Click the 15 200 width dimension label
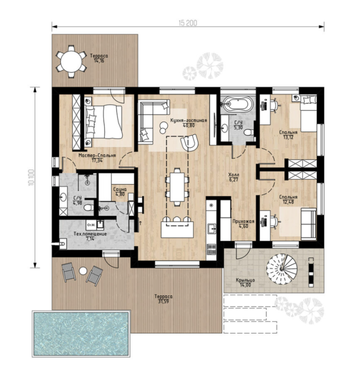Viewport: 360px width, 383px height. pyautogui.click(x=188, y=23)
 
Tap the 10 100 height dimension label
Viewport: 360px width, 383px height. pyautogui.click(x=31, y=178)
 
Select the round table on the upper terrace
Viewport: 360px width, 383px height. pyautogui.click(x=71, y=61)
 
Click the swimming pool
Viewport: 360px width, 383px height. pyautogui.click(x=81, y=334)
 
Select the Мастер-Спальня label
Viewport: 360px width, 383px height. pyautogui.click(x=97, y=156)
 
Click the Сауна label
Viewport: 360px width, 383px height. pyautogui.click(x=120, y=189)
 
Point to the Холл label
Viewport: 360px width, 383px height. pyautogui.click(x=233, y=175)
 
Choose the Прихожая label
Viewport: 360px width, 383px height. pyautogui.click(x=244, y=221)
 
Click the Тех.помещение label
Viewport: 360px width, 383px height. pyautogui.click(x=90, y=234)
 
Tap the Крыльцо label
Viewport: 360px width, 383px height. pyautogui.click(x=245, y=280)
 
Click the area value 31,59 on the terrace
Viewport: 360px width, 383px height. pyautogui.click(x=163, y=301)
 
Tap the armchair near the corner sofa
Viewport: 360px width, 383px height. pyautogui.click(x=190, y=142)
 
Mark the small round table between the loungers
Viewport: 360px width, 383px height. pyautogui.click(x=83, y=271)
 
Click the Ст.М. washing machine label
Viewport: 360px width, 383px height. pyautogui.click(x=91, y=224)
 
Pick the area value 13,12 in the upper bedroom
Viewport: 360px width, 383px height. pyautogui.click(x=288, y=137)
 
